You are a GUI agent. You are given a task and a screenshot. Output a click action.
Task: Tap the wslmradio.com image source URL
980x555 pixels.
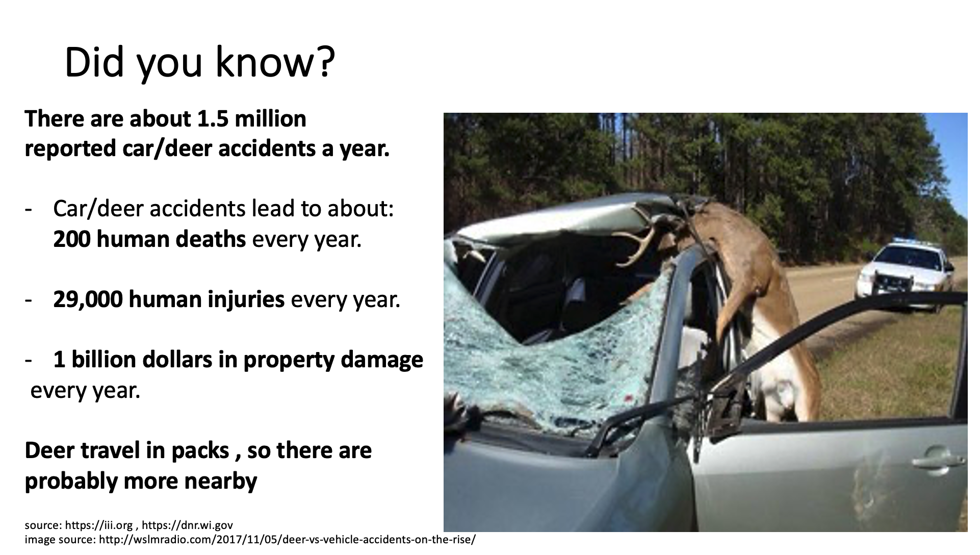pyautogui.click(x=287, y=540)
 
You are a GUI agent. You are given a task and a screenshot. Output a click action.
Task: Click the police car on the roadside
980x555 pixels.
pyautogui.click(x=906, y=273)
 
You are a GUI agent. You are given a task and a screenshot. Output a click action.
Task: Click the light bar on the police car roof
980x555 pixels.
pyautogui.click(x=908, y=240)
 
